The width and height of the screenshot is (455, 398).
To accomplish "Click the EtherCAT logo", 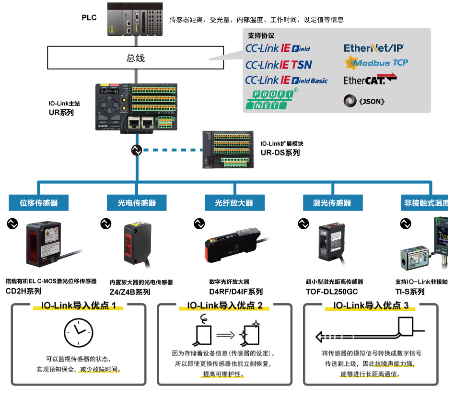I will [370, 80].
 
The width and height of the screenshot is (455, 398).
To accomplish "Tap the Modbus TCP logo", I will [376, 62].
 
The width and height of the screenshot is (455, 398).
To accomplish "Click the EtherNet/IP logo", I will [374, 48].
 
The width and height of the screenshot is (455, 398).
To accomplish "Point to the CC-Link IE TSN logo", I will [279, 64].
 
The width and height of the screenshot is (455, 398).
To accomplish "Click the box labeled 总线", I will [136, 59].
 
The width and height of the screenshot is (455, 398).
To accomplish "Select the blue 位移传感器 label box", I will [39, 203].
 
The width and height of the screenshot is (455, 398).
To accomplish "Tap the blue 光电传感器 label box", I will [137, 203].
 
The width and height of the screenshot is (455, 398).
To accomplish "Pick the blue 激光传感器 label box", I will [332, 203].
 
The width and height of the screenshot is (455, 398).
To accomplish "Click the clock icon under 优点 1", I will [78, 332].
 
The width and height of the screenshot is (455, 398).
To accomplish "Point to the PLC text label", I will [89, 18].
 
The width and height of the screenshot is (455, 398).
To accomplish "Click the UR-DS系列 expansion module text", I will [280, 152].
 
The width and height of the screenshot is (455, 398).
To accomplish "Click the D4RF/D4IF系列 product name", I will [236, 292].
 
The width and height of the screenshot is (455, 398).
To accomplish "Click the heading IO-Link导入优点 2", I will [225, 305].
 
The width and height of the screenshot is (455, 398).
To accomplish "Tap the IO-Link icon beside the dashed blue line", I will [136, 150].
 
